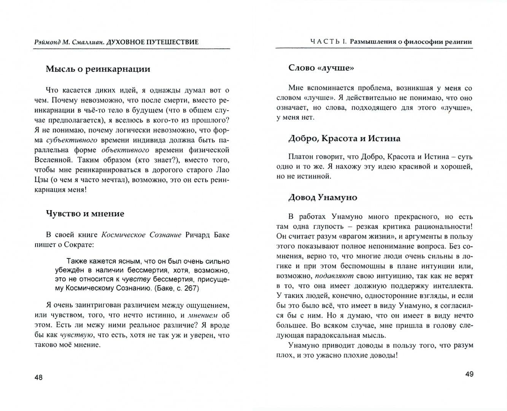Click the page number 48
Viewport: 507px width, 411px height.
click(x=38, y=378)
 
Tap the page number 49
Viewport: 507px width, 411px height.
click(x=469, y=374)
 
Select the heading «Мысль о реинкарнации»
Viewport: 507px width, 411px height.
click(x=98, y=69)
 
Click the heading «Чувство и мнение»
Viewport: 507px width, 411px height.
click(x=85, y=214)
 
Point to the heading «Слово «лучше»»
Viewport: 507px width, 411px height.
click(x=321, y=68)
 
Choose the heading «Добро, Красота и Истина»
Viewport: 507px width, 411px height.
click(x=344, y=139)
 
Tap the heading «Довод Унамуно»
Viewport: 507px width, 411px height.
click(x=323, y=198)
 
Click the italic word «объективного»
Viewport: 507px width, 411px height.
click(x=125, y=150)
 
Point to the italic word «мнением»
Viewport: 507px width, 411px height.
click(x=203, y=315)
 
